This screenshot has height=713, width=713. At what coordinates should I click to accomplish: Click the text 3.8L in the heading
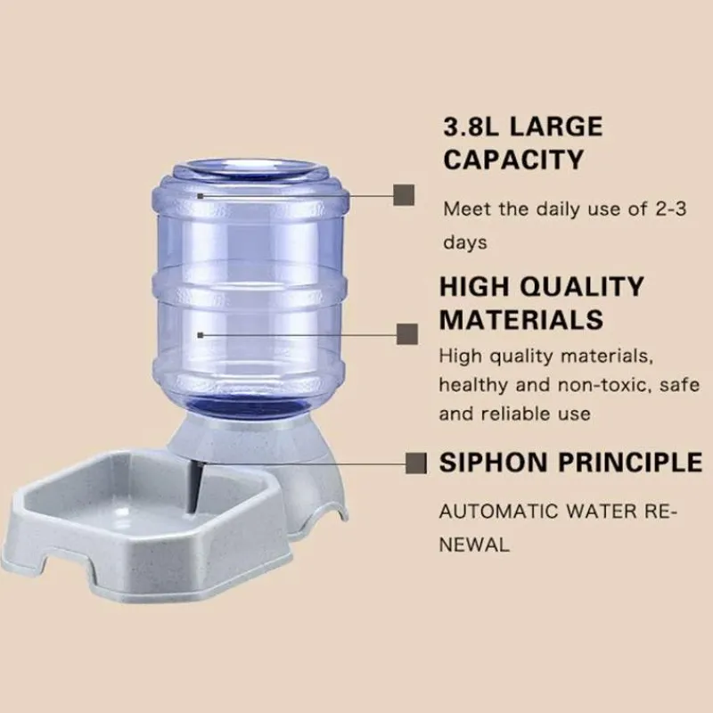tap(471, 127)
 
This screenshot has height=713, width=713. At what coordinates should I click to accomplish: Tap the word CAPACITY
tap(513, 160)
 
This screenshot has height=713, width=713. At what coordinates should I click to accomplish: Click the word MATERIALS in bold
tap(521, 320)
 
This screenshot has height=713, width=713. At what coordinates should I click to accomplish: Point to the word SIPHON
tap(494, 463)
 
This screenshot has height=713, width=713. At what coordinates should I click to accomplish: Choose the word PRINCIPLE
tap(630, 463)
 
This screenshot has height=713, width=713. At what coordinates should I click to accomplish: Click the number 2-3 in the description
tap(671, 209)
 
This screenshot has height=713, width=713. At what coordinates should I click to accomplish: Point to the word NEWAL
tap(474, 545)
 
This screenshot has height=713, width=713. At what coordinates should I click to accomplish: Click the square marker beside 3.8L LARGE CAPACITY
tap(404, 195)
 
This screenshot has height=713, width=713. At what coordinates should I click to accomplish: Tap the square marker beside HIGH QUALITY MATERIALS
tap(407, 334)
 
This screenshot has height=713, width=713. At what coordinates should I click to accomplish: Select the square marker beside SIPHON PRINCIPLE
tap(416, 463)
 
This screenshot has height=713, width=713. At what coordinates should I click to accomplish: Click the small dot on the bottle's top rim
tap(200, 196)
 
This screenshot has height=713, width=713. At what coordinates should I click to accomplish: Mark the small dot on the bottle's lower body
tap(200, 335)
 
